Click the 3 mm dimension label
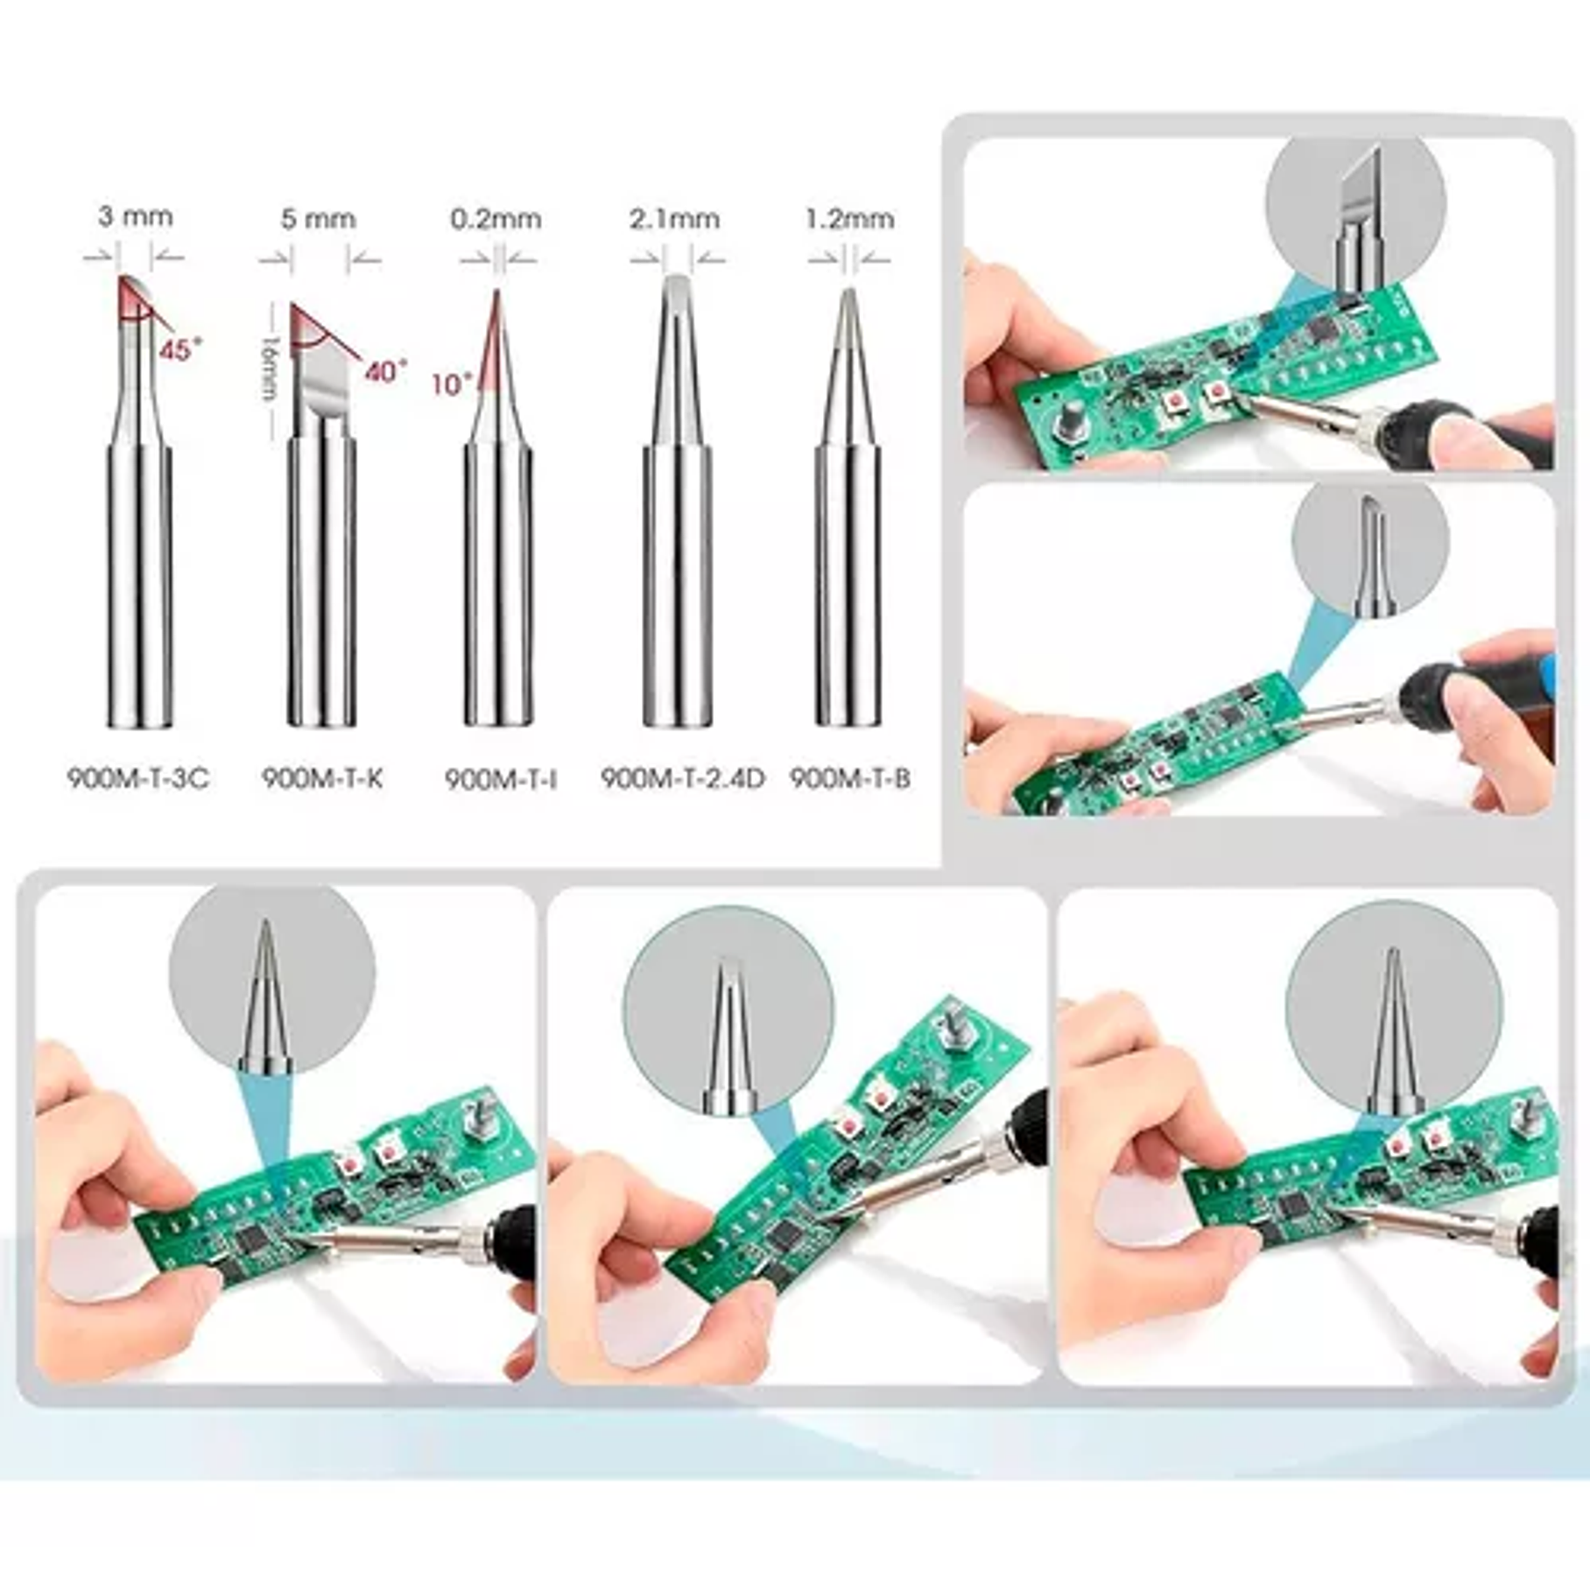point(135,216)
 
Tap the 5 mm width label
point(319,218)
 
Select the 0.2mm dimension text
point(496,218)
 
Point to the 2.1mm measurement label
point(674,218)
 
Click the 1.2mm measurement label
point(849,218)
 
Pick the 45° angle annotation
point(175,350)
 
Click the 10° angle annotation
point(451,383)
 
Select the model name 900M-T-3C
point(138,777)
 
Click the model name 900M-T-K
point(322,777)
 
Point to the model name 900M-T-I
point(501,778)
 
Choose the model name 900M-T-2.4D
point(682,777)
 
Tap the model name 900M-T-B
point(850,777)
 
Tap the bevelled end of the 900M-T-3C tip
point(134,299)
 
